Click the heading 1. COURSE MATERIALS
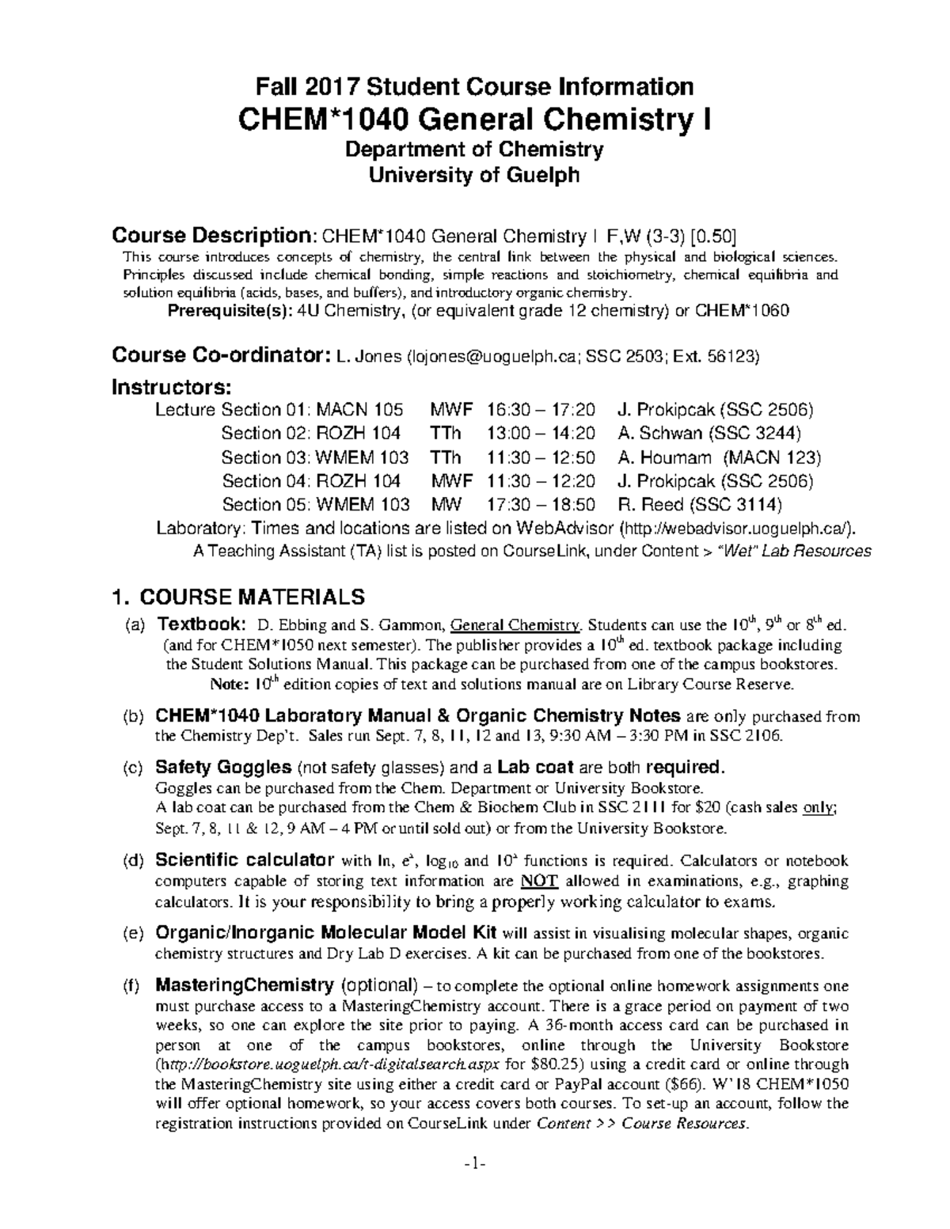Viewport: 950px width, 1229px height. (x=238, y=595)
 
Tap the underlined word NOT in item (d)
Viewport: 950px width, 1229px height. (x=539, y=882)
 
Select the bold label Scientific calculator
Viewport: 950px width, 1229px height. (x=245, y=860)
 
